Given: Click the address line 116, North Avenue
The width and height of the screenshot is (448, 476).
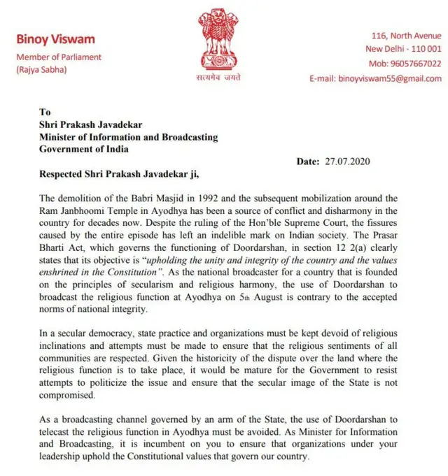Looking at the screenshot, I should [x=406, y=36].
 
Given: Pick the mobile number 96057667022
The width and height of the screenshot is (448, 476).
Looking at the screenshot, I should [x=405, y=64].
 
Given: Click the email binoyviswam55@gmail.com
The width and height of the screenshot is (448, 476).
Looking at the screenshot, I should [x=375, y=79].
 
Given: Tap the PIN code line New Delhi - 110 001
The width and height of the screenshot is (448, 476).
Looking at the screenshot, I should [x=403, y=49].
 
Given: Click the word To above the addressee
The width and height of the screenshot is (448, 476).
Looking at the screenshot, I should [x=45, y=112].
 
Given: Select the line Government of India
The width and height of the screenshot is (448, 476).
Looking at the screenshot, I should [x=84, y=149].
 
